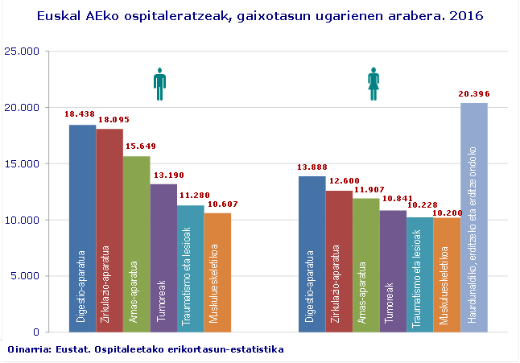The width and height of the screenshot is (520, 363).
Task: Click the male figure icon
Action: pyautogui.click(x=159, y=84)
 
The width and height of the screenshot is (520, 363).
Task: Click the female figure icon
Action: pyautogui.click(x=374, y=84)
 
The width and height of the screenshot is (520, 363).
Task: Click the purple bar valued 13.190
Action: pyautogui.click(x=163, y=258)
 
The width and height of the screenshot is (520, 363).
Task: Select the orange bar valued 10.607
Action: pyautogui.click(x=217, y=272)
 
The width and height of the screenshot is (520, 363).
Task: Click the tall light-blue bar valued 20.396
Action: pyautogui.click(x=473, y=217)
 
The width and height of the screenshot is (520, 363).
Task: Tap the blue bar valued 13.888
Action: pyautogui.click(x=312, y=254)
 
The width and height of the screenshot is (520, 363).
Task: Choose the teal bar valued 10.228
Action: pyautogui.click(x=419, y=274)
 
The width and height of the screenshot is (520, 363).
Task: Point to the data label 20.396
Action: pyautogui.click(x=473, y=94)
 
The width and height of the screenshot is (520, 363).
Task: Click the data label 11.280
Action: pyautogui.click(x=191, y=196)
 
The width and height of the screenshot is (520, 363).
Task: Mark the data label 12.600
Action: pyautogui.click(x=339, y=181)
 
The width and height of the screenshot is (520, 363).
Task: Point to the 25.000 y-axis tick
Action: pyautogui.click(x=22, y=51)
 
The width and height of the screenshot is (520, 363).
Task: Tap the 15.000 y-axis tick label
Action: pyautogui.click(x=22, y=163)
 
